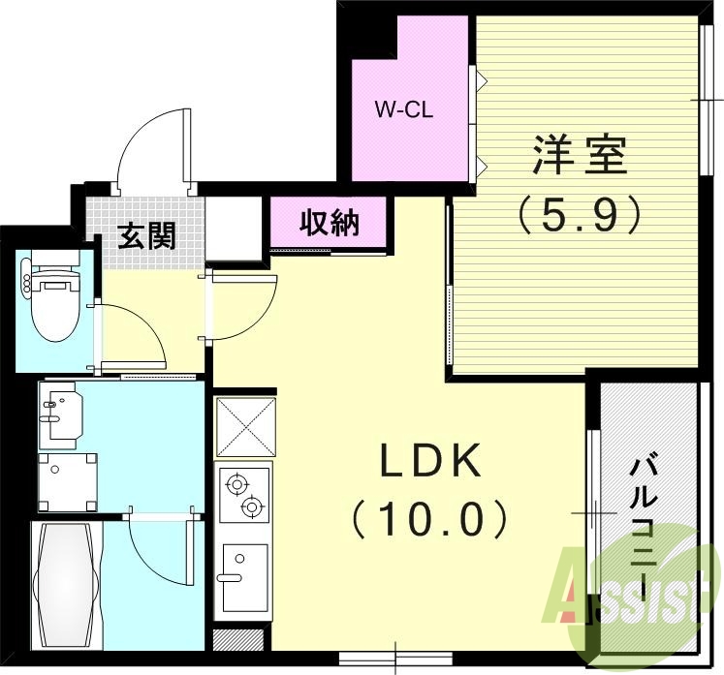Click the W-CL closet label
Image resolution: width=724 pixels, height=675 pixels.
pos(404,108)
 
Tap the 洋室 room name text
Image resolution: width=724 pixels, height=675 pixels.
pos(578,156)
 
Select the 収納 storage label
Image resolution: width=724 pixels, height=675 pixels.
pos(330,223)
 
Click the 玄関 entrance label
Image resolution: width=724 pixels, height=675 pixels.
pos(146,235)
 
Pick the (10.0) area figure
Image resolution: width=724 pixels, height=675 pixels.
pos(429,520)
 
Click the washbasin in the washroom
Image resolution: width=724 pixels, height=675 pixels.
pos(60,414)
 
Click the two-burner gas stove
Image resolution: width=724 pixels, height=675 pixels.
pos(242,494)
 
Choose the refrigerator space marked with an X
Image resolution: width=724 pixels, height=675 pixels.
pos(243,426)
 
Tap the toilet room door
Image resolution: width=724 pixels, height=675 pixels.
pos(131,334)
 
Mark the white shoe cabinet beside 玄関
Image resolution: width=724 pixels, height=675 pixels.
pos(234,229)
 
